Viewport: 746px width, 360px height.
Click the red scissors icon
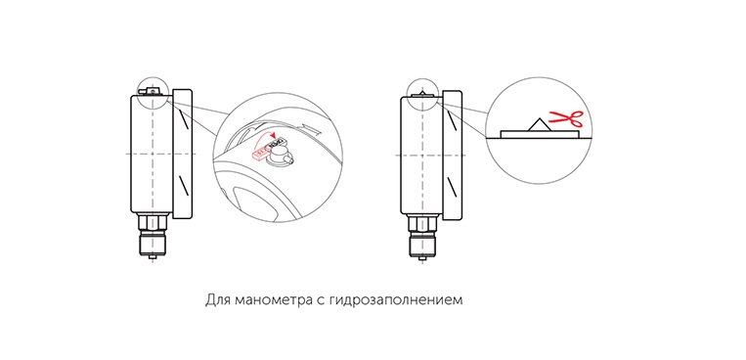pyautogui.click(x=566, y=118)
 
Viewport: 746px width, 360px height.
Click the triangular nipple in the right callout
pyautogui.click(x=539, y=124)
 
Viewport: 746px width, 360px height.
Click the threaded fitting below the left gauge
pyautogui.click(x=153, y=243)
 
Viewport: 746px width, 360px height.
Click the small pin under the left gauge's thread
pyautogui.click(x=153, y=258)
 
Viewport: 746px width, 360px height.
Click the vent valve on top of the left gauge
pyautogui.click(x=153, y=90)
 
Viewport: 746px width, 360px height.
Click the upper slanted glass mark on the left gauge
pyautogui.click(x=182, y=118)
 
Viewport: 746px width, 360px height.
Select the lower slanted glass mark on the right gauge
pyautogui.click(x=452, y=186)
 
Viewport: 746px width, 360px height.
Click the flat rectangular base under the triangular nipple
pyautogui.click(x=541, y=134)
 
